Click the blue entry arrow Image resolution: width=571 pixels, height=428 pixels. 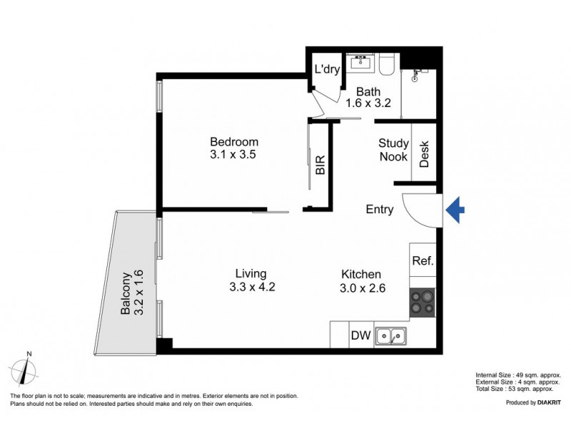coord(455,210)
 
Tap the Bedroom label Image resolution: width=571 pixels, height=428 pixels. coord(234,142)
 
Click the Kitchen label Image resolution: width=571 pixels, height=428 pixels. coord(360,274)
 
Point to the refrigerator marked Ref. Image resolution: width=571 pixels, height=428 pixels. coord(423,261)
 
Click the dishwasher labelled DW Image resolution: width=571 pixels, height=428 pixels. coord(360,335)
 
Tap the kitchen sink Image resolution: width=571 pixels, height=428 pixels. coord(391,335)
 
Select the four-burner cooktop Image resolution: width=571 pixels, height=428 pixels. coord(423,303)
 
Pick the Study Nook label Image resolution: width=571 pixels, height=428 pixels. coord(393,150)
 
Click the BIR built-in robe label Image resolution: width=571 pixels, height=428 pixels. coord(320,165)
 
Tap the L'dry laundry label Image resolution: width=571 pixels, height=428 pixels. coord(328,70)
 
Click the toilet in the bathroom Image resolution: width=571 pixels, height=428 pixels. coord(386,64)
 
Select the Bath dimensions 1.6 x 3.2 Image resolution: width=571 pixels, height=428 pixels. coord(368,103)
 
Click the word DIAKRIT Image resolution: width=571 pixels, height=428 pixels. coord(546,403)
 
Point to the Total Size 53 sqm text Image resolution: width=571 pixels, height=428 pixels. coord(518,389)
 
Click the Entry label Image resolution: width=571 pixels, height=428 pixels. coord(379,210)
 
